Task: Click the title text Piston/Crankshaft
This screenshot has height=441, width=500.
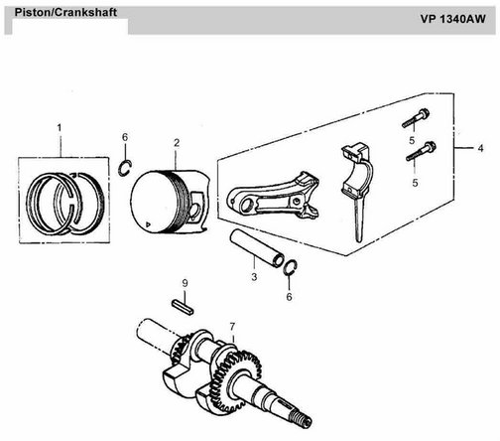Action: tap(65, 13)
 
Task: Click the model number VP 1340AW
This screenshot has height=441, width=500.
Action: tap(452, 19)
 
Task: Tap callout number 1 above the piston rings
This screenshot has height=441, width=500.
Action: tap(60, 128)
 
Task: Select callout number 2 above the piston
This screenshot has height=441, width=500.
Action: tap(177, 143)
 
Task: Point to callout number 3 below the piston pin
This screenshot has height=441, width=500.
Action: tap(254, 277)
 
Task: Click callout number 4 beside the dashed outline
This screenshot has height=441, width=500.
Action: tap(480, 148)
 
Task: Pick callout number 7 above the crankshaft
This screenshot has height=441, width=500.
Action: tap(232, 327)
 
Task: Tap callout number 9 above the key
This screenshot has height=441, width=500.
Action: tap(185, 283)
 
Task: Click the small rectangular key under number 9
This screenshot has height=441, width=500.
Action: tap(183, 307)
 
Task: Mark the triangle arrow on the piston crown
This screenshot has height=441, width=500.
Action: tap(148, 224)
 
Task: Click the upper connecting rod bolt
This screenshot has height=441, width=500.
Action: tap(416, 118)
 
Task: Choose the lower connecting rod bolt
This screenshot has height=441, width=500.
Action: tap(421, 151)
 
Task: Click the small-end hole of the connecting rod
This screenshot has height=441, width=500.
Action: tap(246, 206)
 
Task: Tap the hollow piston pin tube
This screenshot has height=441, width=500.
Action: tap(257, 248)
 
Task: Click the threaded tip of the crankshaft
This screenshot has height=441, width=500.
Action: tap(304, 420)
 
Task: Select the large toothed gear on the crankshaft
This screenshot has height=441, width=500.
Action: tap(235, 380)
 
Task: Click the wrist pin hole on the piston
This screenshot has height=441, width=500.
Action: tap(195, 212)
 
